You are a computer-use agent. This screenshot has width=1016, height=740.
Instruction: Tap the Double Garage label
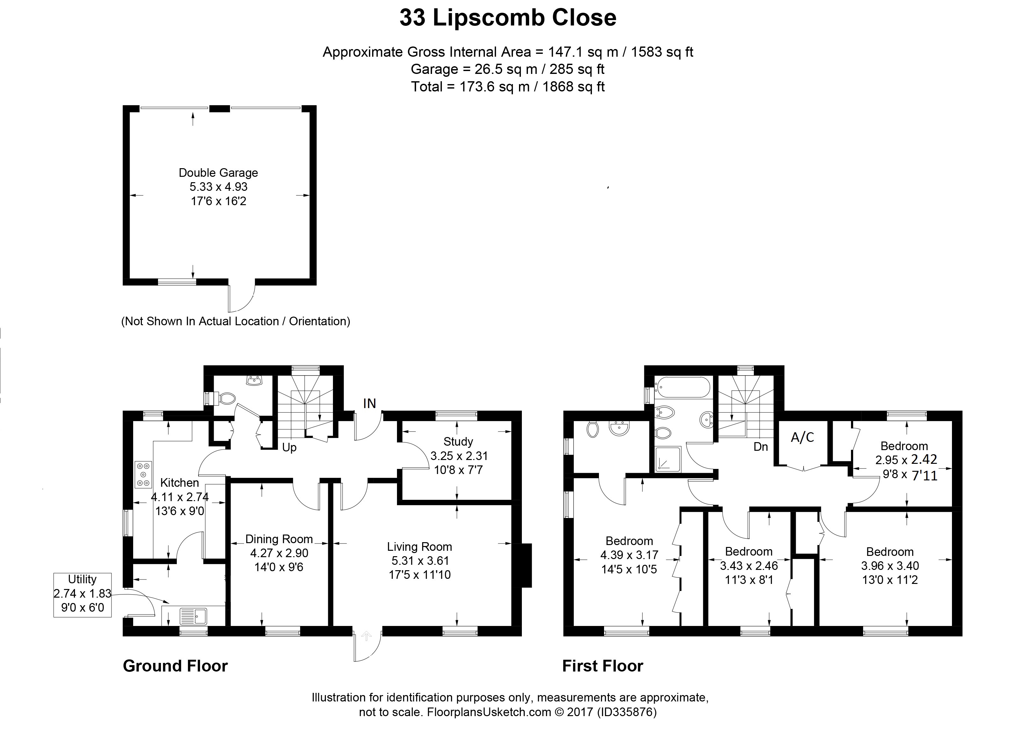click(218, 173)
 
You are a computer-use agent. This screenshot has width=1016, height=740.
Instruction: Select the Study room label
click(458, 442)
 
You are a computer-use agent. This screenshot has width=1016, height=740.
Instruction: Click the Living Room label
click(419, 547)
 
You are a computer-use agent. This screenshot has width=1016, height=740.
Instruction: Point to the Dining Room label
click(279, 539)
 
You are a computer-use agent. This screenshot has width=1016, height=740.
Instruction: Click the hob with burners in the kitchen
click(143, 474)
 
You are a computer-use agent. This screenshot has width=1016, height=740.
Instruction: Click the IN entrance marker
click(369, 404)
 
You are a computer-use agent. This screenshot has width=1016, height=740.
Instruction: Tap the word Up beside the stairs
click(289, 448)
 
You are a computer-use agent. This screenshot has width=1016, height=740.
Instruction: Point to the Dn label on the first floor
click(761, 447)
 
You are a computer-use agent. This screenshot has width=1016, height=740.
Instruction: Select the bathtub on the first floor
click(682, 387)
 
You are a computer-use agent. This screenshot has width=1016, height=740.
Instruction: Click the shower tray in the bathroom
click(667, 459)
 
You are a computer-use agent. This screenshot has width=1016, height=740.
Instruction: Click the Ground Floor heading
click(175, 666)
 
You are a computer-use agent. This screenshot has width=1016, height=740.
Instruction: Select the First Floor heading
click(602, 666)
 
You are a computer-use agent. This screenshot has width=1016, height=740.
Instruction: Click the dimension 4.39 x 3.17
click(629, 555)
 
